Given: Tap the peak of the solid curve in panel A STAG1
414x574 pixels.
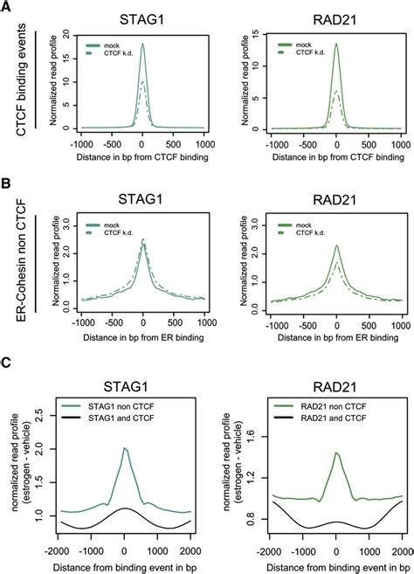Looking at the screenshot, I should point(141,45).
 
